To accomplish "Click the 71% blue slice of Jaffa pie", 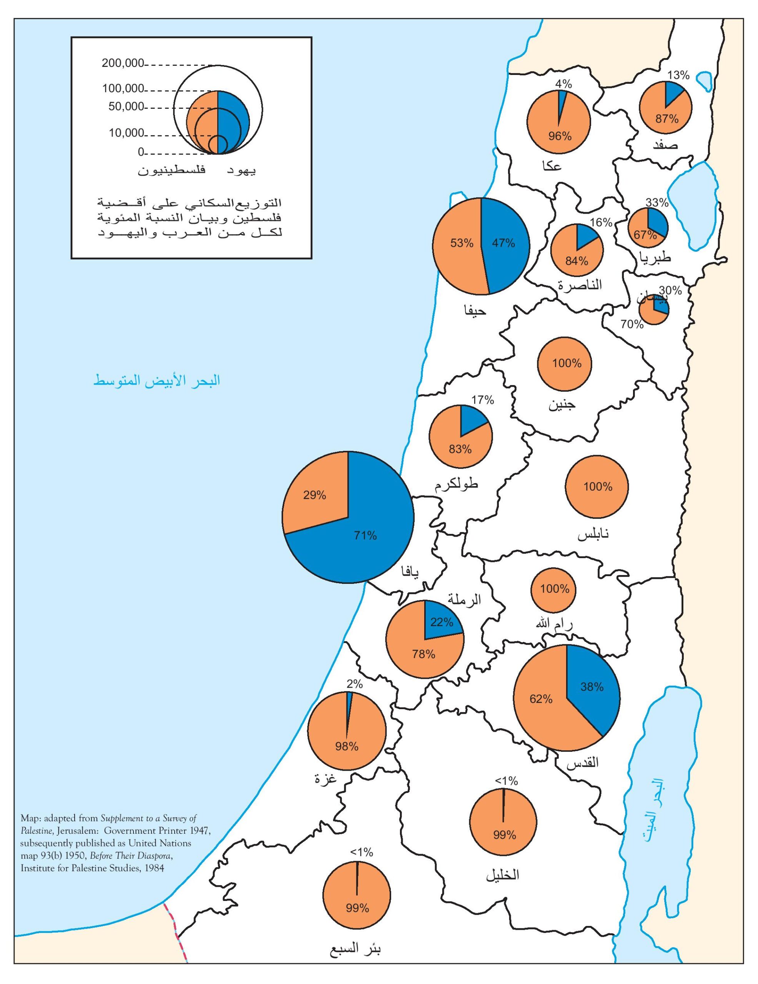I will pos(365,536).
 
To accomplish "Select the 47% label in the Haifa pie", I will pos(503,243).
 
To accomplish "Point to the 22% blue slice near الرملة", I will pos(441,623).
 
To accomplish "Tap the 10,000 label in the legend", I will pos(126,133).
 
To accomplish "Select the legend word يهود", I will pos(241,171).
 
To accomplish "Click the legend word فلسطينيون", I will pos(171,171).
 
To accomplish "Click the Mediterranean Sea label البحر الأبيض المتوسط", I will pos(157,380).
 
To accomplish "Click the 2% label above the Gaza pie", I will pos(355,683).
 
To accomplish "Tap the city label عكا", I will pos(552,166).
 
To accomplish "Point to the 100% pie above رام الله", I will pos(554,589).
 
